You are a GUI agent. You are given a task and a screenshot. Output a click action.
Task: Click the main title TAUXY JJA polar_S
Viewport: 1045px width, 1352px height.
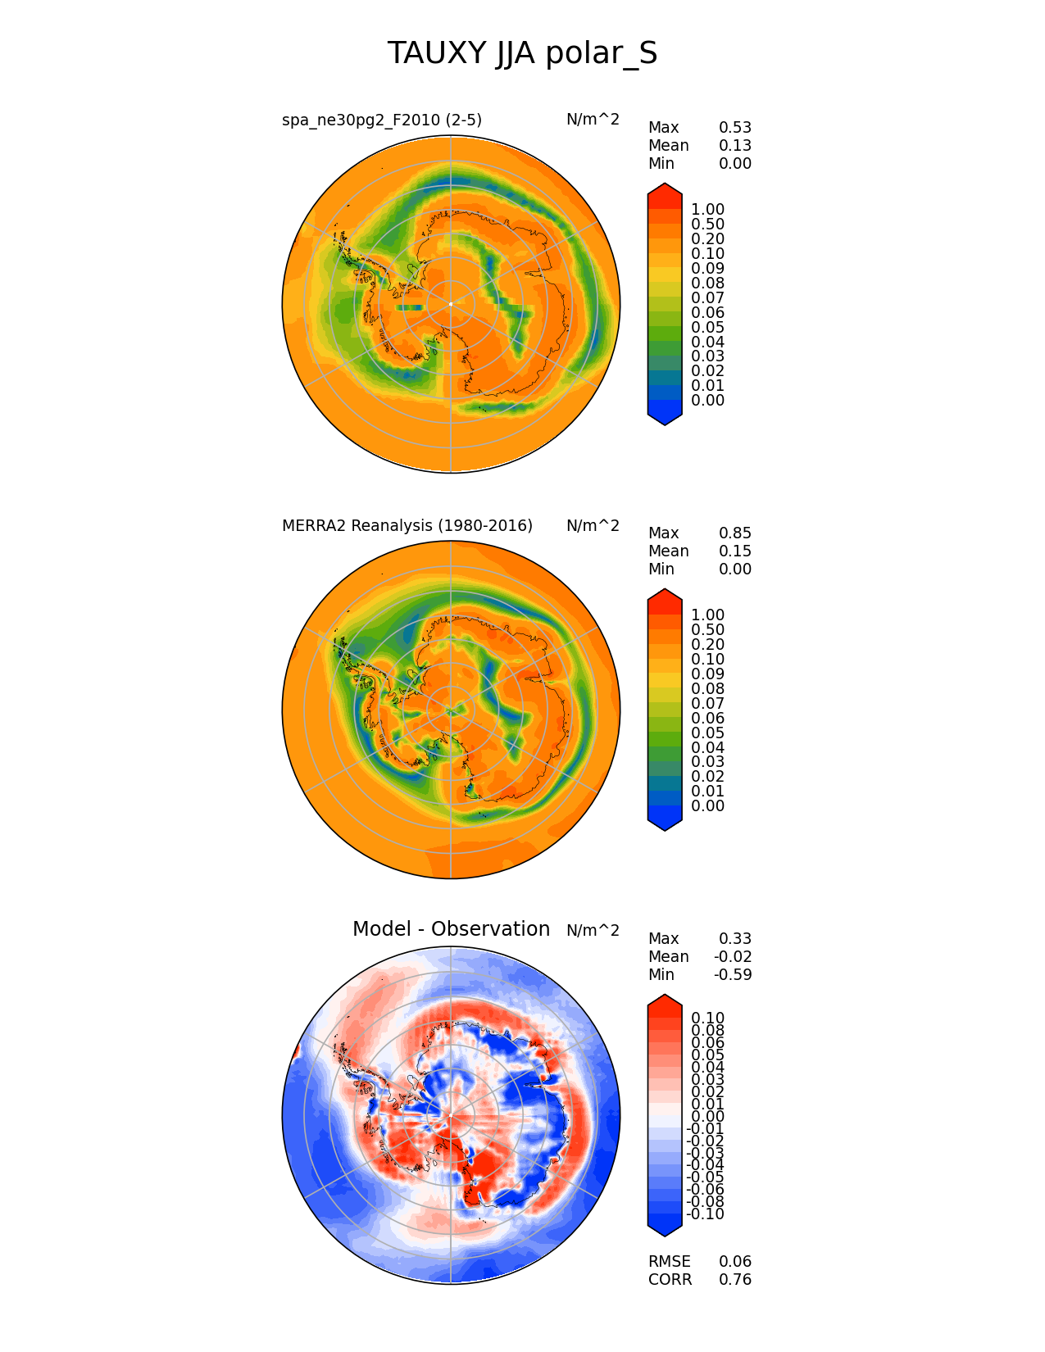(522, 54)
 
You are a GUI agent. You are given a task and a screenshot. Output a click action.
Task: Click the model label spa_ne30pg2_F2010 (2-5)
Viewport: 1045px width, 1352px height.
(382, 120)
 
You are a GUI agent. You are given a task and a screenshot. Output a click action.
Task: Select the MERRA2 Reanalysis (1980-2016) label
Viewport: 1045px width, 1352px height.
(407, 526)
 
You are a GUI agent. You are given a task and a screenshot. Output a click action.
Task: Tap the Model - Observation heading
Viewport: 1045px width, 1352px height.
(451, 929)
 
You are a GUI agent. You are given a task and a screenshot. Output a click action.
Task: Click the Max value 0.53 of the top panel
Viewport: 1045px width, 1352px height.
(734, 128)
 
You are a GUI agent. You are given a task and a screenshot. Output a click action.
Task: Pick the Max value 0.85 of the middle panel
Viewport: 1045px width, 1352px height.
(734, 533)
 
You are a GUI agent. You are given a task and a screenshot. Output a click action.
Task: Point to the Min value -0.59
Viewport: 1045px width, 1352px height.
(733, 975)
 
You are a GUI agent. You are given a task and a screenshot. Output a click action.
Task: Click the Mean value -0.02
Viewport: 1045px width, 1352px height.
(733, 957)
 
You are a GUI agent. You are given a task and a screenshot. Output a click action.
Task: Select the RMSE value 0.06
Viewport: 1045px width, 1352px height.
(734, 1262)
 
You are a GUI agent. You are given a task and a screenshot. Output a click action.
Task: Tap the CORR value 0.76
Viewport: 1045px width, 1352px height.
(734, 1280)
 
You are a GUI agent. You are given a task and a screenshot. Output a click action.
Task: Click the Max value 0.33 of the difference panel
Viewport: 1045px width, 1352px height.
(734, 939)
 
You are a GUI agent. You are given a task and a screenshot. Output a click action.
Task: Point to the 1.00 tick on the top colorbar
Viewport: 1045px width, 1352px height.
(707, 210)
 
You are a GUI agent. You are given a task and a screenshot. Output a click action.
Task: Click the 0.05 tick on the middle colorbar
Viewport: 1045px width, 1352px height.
(707, 733)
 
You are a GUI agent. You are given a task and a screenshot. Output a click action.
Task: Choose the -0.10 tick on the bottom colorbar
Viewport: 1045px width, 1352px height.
(705, 1214)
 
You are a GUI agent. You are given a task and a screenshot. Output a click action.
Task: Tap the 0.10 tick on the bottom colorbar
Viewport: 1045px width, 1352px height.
(707, 1019)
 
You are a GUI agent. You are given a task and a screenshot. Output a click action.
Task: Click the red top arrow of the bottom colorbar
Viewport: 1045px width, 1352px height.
(665, 1001)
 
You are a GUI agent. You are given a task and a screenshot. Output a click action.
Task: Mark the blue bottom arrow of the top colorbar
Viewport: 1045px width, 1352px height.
(665, 417)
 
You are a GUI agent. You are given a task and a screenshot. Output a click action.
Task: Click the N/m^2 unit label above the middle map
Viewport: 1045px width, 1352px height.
(593, 526)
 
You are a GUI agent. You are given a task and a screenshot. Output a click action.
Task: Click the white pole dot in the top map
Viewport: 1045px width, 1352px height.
(451, 304)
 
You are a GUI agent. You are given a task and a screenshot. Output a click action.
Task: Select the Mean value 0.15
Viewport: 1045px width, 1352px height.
(734, 551)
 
